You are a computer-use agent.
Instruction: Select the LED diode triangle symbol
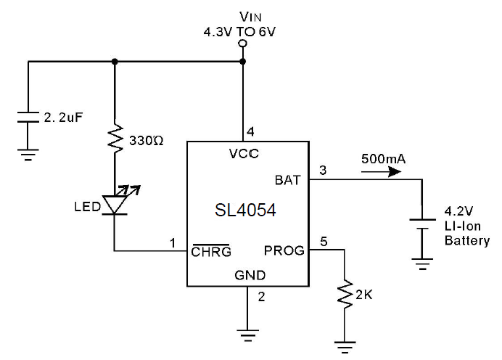pyautogui.click(x=114, y=204)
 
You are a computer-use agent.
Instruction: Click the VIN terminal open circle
pyautogui.click(x=242, y=44)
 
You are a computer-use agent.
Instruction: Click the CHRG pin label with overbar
pyautogui.click(x=210, y=252)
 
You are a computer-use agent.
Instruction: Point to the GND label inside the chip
pyautogui.click(x=250, y=275)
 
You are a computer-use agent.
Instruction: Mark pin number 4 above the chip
pyautogui.click(x=250, y=131)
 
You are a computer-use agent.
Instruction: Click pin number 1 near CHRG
pyautogui.click(x=173, y=242)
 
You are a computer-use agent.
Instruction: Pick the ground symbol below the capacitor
pyautogui.click(x=28, y=151)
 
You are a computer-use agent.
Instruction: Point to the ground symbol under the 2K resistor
pyautogui.click(x=345, y=343)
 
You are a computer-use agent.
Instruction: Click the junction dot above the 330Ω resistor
pyautogui.click(x=114, y=62)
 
